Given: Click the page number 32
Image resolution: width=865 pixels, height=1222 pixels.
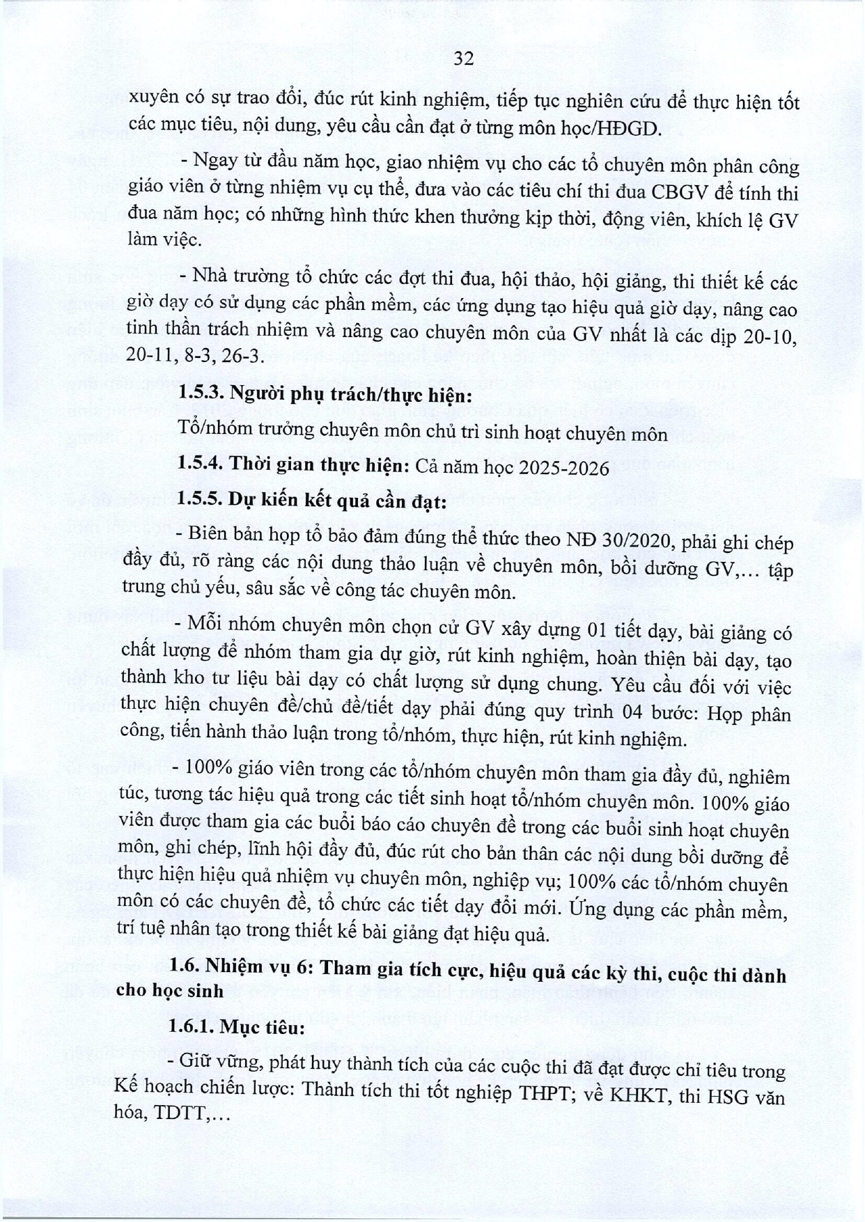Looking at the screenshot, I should (x=463, y=59).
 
